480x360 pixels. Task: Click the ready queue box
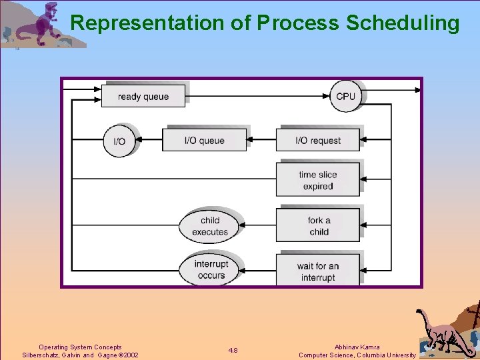(x=143, y=96)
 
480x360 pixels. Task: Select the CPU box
(x=345, y=96)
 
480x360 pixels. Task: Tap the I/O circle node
(x=119, y=141)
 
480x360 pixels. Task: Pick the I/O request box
(x=318, y=141)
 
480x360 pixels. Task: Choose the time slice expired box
(x=318, y=180)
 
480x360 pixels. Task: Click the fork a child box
(x=318, y=226)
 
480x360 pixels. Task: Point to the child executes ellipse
(x=210, y=226)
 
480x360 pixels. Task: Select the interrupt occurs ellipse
(x=211, y=269)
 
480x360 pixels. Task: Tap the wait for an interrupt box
(x=318, y=271)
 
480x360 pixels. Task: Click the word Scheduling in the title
(x=403, y=23)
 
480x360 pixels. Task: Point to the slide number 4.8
(x=233, y=351)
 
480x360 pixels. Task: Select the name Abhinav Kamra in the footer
(x=357, y=347)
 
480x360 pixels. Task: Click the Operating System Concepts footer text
(x=80, y=347)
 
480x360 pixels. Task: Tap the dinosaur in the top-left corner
(x=40, y=25)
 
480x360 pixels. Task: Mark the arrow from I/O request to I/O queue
(x=261, y=141)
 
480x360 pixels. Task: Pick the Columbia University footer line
(x=357, y=355)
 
